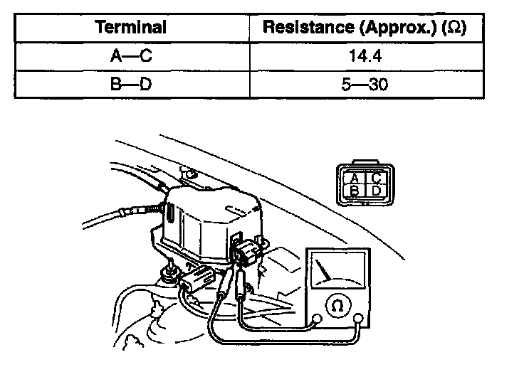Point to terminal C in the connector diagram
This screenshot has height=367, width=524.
point(375,177)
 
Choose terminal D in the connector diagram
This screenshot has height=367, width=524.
point(375,190)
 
